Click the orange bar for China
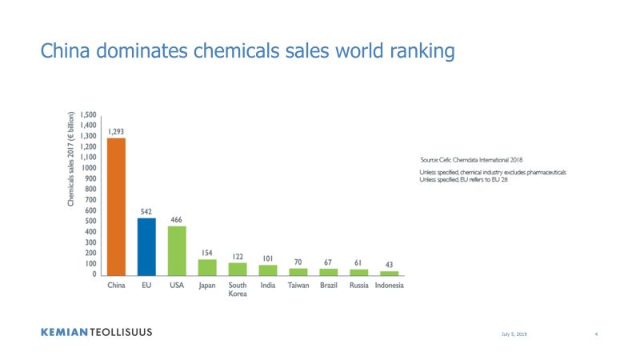point(116,207)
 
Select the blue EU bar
point(146,247)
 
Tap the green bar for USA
point(177,251)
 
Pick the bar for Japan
point(207,268)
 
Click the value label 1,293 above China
point(116,131)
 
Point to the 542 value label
point(146,211)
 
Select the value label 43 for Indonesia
point(389,265)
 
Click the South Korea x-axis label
point(238,290)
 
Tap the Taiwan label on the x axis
point(298,286)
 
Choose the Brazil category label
point(329,286)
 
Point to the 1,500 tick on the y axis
point(88,114)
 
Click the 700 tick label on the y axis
point(90,199)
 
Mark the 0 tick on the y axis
point(94,274)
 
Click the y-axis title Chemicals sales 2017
point(71,158)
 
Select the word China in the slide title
point(66,50)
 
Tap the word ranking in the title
point(422,52)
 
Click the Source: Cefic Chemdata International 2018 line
point(471,160)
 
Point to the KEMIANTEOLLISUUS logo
point(96,332)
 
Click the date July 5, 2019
point(514,334)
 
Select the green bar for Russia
point(359,273)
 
